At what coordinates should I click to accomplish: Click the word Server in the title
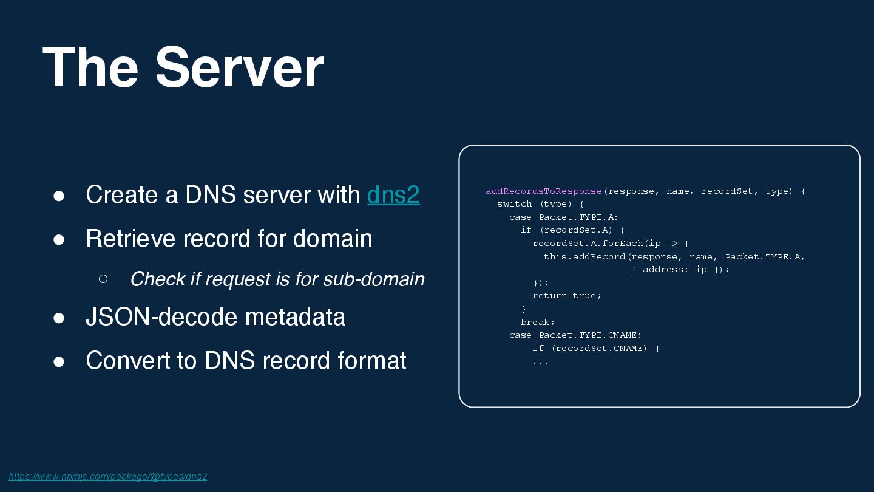coord(239,67)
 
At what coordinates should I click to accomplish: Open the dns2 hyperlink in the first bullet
coord(393,194)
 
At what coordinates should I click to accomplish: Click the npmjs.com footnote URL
coord(108,476)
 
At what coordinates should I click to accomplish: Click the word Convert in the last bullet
coord(128,360)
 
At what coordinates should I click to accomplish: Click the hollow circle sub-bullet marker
coord(103,279)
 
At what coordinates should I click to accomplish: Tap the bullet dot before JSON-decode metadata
coord(59,318)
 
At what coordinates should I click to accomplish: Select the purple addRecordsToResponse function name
coord(544,191)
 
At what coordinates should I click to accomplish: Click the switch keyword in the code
coord(514,204)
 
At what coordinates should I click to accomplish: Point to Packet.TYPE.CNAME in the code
coord(590,335)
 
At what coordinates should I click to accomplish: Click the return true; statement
coord(567,296)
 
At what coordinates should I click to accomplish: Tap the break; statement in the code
coord(537,322)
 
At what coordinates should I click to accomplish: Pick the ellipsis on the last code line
coord(540,361)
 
